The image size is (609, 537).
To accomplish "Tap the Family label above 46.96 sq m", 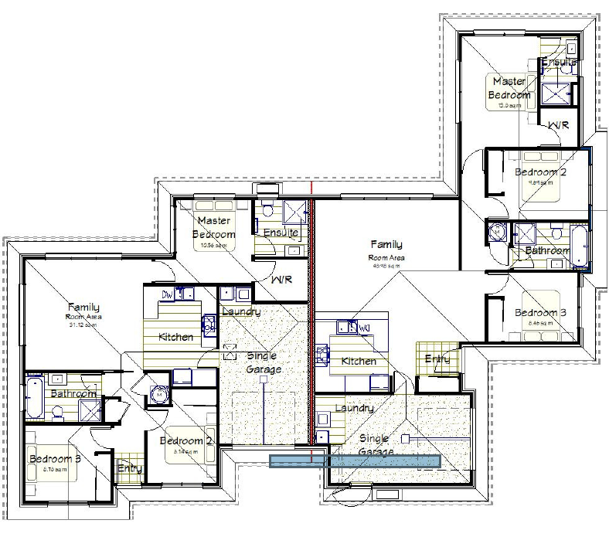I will coord(386,244).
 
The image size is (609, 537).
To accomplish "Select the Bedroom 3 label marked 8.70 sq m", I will coord(54,459).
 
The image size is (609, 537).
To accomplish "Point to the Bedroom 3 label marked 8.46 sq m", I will coord(540,312).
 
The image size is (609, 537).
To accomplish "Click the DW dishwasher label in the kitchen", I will coord(167,294).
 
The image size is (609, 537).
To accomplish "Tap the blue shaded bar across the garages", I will coord(355,460).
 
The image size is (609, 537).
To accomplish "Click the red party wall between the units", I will coord(311,325).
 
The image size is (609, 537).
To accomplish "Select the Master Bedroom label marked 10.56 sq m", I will coord(213,228).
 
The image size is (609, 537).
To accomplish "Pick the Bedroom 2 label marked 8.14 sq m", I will coord(186,440).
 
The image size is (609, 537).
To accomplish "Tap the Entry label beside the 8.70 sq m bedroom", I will coord(128,467).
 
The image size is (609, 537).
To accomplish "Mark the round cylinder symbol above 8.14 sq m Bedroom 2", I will coord(160,394).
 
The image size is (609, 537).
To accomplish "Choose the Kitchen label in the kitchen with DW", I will coord(175,337).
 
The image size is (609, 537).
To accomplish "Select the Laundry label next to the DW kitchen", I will coord(240,311).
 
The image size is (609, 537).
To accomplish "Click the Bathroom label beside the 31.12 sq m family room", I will coord(73,393).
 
